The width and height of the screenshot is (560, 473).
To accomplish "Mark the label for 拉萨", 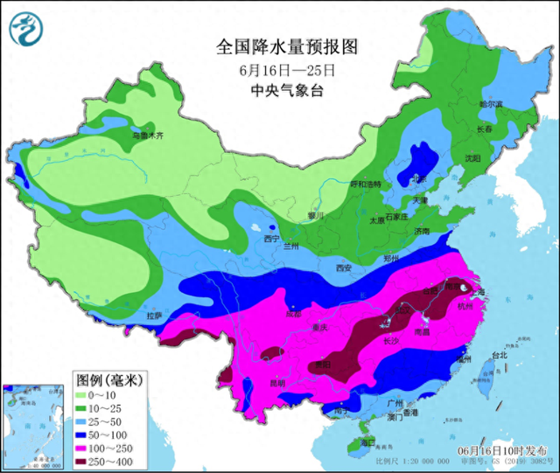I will point(154,316).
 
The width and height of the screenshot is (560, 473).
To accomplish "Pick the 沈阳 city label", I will point(472,158).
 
